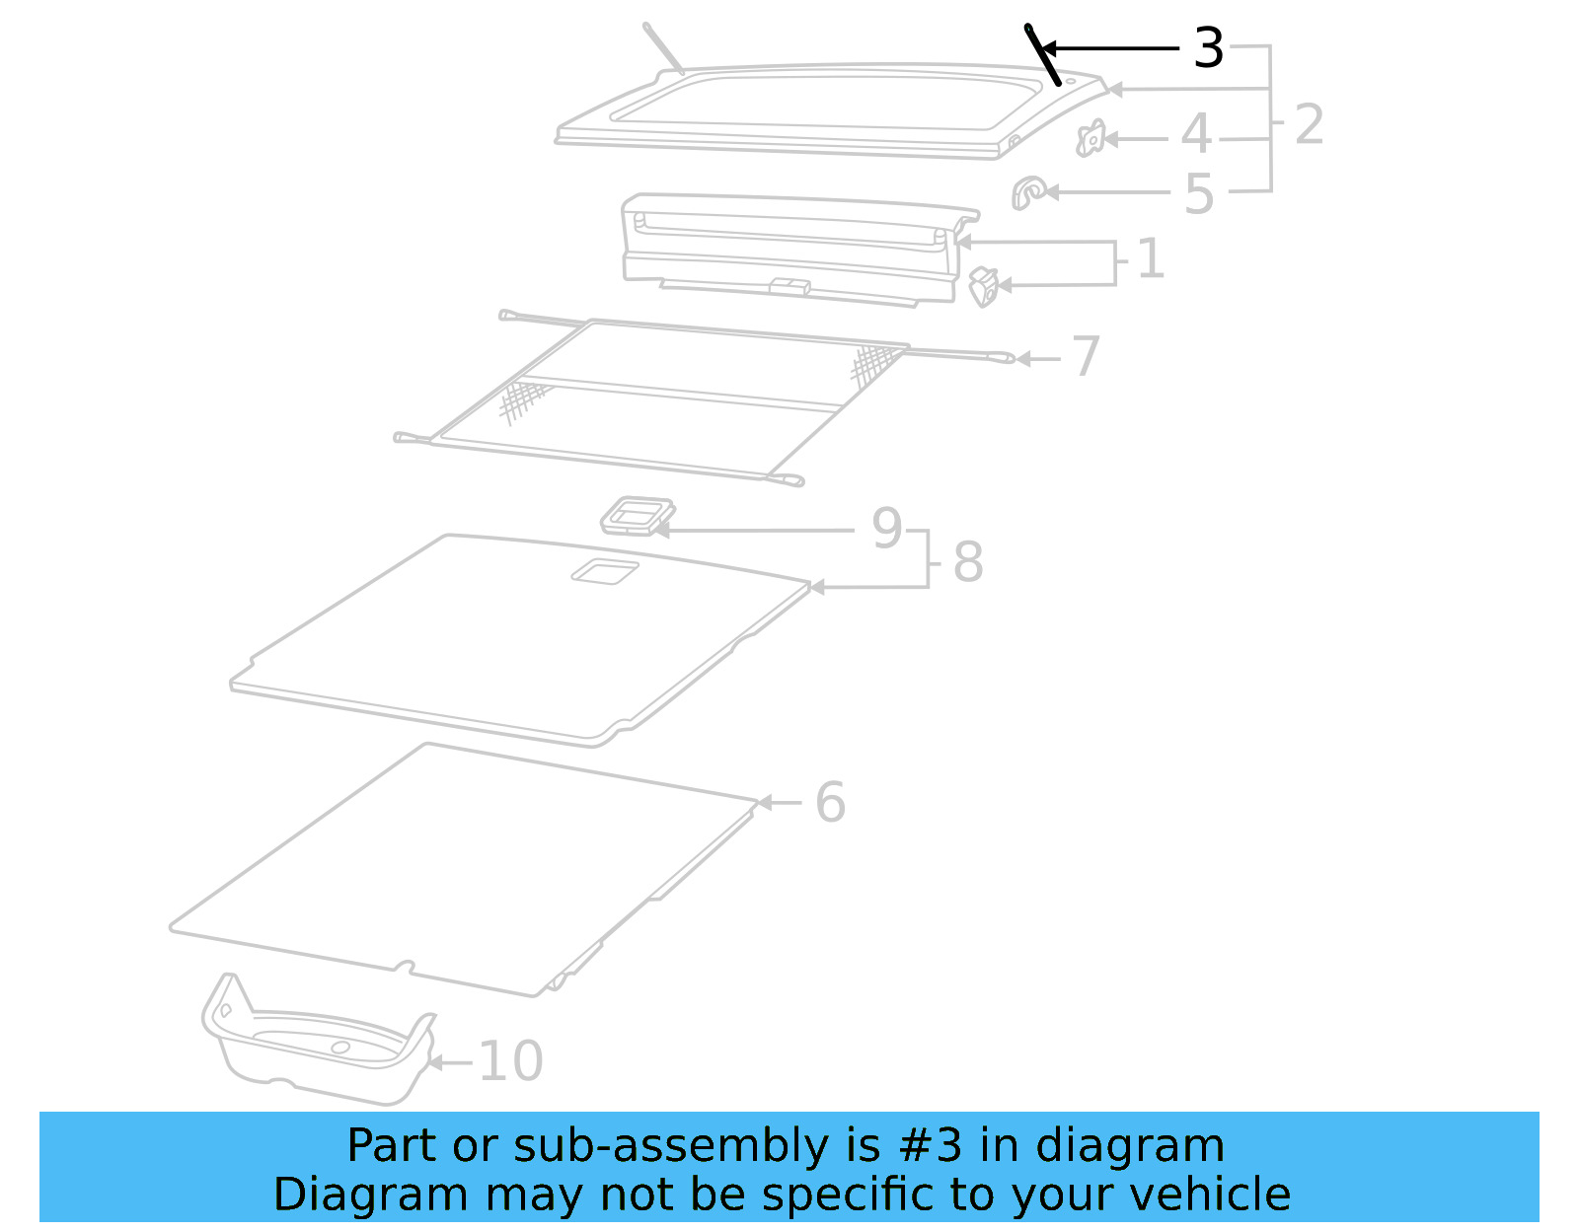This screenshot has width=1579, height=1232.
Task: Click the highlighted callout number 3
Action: pos(1208,47)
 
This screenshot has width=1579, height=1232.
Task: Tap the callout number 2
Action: pos(1309,124)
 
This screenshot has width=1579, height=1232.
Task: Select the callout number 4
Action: pos(1196,134)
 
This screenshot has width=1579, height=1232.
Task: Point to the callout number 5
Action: pos(1199,194)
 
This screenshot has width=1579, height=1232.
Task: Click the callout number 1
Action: pos(1151,259)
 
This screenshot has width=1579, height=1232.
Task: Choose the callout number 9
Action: pos(886,529)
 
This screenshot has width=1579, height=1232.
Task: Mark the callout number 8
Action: pos(968,562)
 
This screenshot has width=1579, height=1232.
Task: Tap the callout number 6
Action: pos(830,802)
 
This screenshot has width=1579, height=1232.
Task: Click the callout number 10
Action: pos(510,1061)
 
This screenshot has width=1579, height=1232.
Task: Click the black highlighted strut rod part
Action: pos(1043,55)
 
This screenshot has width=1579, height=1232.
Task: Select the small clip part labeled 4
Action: pos(1090,139)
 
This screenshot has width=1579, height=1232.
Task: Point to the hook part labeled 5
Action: pos(1028,192)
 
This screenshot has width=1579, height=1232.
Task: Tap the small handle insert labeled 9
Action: pos(638,515)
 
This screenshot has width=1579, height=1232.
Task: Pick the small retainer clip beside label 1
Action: pos(984,287)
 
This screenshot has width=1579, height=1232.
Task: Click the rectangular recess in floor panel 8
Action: pos(604,570)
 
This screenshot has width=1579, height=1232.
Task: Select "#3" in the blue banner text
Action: pos(931,1146)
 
